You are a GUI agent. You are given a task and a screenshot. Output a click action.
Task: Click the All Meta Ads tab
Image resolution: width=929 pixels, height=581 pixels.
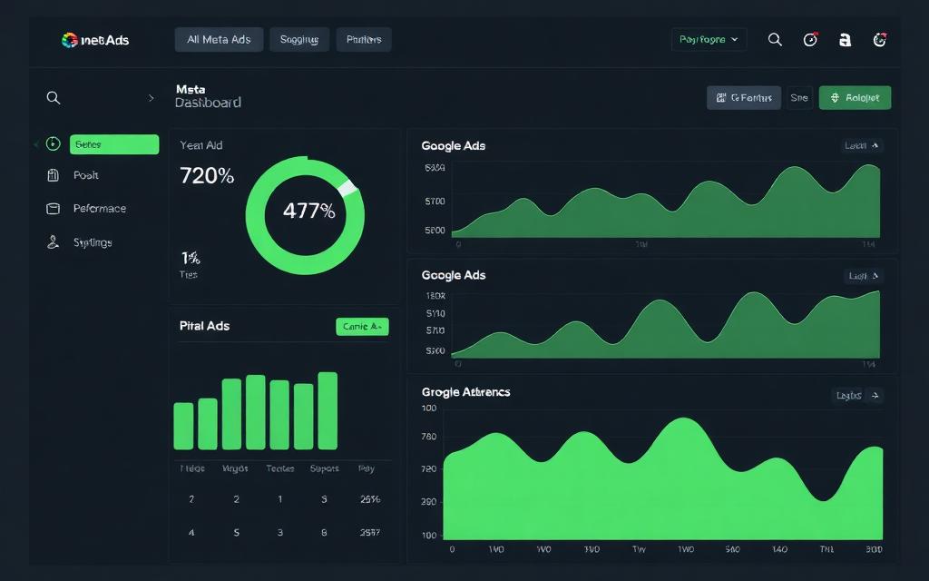point(219,39)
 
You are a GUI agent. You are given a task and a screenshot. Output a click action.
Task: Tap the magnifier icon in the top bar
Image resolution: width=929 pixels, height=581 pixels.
point(775,39)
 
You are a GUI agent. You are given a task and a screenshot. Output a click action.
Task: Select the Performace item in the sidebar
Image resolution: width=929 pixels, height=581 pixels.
point(100,209)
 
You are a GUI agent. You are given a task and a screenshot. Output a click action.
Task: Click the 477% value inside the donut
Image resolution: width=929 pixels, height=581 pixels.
point(308,212)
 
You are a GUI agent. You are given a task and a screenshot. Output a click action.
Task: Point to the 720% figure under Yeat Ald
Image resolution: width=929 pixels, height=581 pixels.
point(207,176)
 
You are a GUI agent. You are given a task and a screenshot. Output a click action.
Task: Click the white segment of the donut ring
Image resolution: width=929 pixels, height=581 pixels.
point(347,187)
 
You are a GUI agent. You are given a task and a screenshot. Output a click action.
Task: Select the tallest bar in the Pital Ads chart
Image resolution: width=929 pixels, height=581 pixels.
point(328,410)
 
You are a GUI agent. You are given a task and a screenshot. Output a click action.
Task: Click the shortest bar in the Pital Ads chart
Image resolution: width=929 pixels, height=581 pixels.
point(183,426)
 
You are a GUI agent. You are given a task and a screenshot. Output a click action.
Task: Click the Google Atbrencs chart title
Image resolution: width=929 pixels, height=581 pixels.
point(465,392)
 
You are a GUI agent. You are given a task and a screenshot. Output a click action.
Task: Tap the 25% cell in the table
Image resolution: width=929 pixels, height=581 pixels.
point(369,499)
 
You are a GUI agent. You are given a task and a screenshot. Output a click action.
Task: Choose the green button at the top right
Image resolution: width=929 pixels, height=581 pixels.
point(855,98)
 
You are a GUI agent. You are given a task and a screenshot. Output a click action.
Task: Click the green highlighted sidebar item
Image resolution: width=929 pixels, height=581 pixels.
point(113,144)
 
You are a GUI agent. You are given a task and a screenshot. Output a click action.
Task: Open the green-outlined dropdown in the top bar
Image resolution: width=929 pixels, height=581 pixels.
point(709,39)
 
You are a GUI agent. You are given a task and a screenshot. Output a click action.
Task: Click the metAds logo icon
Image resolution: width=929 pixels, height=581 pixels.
point(69,40)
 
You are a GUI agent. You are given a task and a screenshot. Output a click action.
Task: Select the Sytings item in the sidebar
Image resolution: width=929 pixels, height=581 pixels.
point(93,242)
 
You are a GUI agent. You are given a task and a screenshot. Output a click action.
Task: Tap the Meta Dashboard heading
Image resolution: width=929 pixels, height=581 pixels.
point(208,97)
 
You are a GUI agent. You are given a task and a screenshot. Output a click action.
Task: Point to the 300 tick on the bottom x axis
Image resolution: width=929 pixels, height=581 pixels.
point(873,549)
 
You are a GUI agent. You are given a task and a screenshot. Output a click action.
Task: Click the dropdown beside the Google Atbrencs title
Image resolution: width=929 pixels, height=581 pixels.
point(856,395)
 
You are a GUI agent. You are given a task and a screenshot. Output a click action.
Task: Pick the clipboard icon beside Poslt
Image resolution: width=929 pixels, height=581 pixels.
point(53,175)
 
